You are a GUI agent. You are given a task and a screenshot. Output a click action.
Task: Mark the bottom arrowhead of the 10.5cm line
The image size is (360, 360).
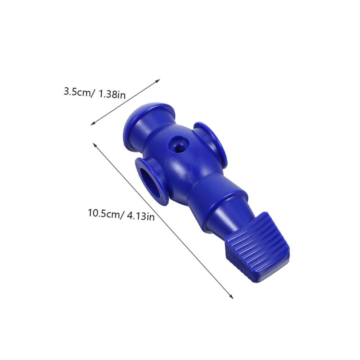coord(232,297)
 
